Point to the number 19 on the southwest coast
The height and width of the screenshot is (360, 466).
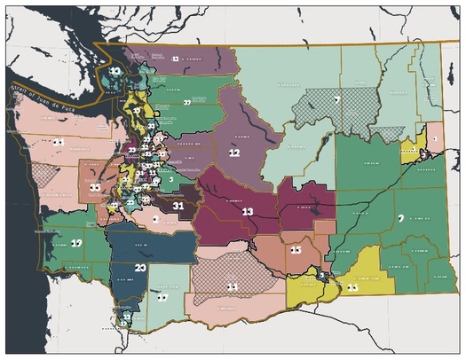point(77,242)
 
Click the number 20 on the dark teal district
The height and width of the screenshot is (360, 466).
point(140,267)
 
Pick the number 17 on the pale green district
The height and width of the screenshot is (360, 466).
point(161,299)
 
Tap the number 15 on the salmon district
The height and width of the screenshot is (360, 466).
point(296,251)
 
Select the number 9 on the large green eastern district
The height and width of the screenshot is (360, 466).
point(401,217)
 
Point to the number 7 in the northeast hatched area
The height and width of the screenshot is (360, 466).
point(338,99)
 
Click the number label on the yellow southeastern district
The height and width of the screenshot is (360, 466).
point(352,287)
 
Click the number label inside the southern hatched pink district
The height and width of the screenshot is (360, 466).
point(232,286)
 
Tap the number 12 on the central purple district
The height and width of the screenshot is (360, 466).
point(235,153)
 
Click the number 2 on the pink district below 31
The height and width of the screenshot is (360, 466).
point(155,218)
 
